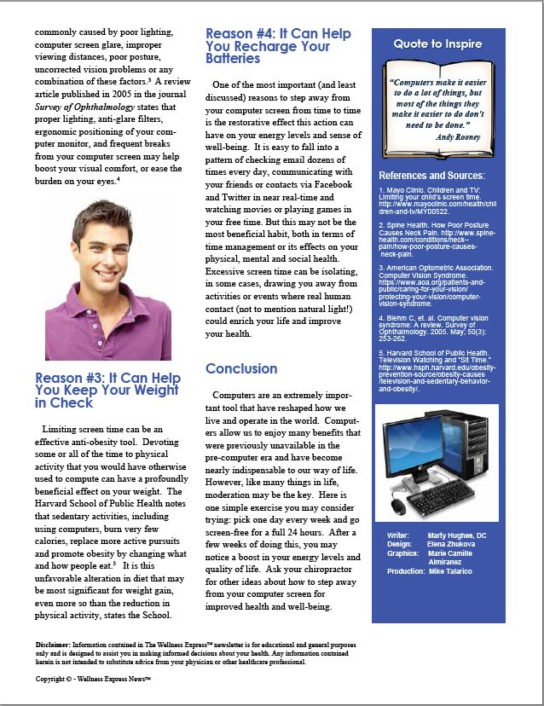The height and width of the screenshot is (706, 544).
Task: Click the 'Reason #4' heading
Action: (x=278, y=46)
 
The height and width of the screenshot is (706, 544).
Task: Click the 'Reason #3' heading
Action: (x=107, y=390)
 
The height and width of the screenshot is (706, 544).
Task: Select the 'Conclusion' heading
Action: (x=241, y=368)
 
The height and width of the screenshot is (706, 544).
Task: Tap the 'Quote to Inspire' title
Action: (x=437, y=43)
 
